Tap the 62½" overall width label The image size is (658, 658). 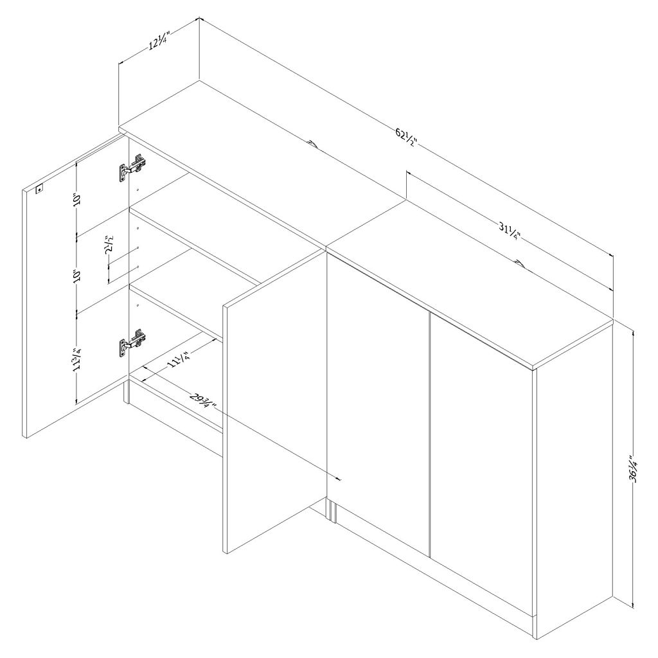(406, 138)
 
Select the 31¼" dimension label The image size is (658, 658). (510, 231)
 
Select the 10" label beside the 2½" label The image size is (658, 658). (76, 276)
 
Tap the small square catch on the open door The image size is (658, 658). (39, 190)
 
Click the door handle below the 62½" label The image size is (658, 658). (312, 145)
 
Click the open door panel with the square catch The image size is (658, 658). (75, 286)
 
